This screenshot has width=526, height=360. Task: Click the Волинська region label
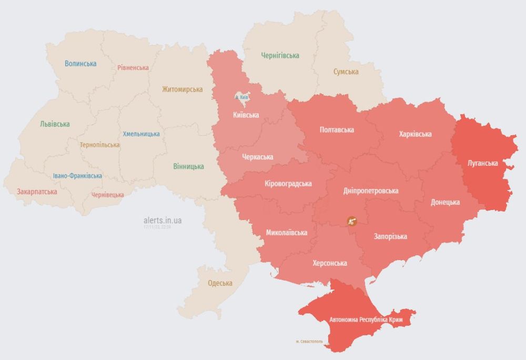tap(80, 64)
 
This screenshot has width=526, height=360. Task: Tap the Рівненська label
tap(133, 67)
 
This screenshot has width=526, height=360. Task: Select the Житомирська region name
tap(182, 89)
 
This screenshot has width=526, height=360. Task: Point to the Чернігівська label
tap(280, 55)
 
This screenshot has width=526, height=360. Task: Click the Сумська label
tap(346, 72)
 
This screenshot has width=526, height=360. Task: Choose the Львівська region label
tap(55, 124)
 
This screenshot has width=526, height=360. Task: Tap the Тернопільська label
tap(99, 145)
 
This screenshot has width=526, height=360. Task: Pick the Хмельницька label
tap(141, 134)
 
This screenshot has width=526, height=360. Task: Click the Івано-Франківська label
tap(77, 176)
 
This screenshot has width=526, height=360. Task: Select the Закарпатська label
tap(37, 192)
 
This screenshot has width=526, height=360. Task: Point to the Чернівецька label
tap(108, 195)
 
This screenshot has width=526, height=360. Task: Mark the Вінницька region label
tap(188, 166)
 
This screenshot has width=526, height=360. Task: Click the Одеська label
tap(220, 283)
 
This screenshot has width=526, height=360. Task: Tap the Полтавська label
tap(337, 129)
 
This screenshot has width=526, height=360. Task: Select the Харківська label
tap(416, 134)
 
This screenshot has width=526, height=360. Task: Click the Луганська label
tap(482, 163)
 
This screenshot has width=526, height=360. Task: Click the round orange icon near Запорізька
tap(351, 222)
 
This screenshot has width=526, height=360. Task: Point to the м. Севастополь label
tap(313, 342)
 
